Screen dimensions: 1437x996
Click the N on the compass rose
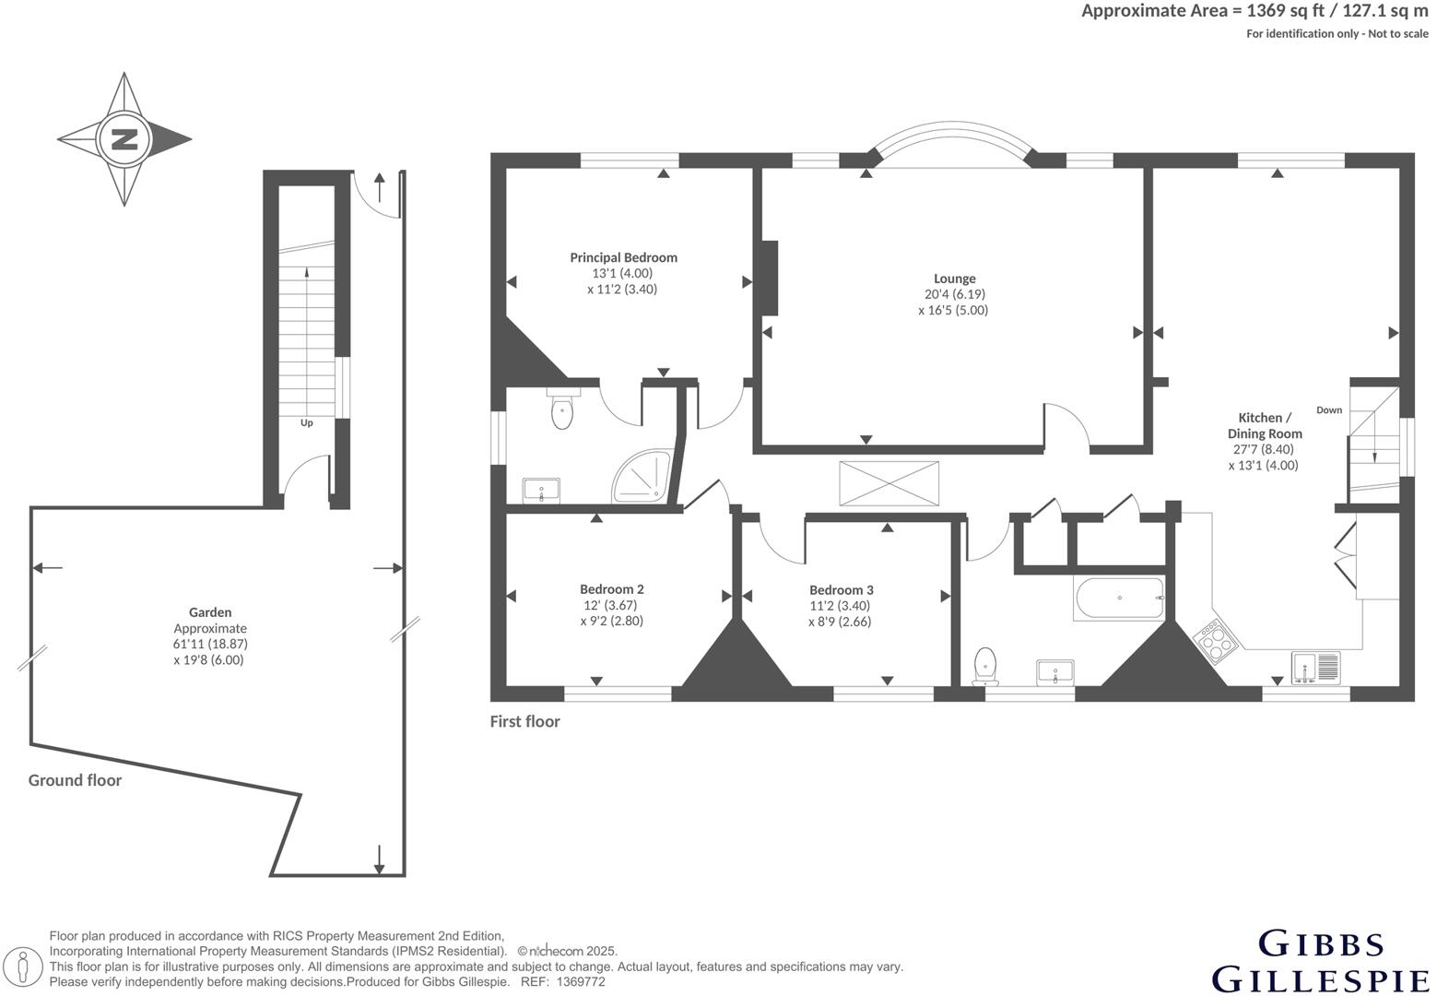click(124, 139)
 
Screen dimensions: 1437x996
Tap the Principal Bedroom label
click(623, 257)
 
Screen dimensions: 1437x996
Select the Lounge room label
click(955, 279)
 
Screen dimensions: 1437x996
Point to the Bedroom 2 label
click(611, 589)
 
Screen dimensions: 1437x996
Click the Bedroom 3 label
click(841, 590)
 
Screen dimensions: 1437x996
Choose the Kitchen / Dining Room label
click(1265, 425)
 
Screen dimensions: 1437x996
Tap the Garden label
click(210, 612)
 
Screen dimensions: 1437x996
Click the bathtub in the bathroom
click(1119, 599)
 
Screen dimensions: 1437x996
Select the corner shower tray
click(642, 476)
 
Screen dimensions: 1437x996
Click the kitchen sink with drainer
click(1315, 668)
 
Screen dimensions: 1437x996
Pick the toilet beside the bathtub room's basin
click(984, 666)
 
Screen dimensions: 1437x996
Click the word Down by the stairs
click(1329, 410)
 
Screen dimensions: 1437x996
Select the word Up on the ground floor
click(307, 423)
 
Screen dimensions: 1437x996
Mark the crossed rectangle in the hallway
click(889, 483)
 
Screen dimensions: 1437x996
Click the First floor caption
click(524, 722)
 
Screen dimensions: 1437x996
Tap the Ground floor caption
click(75, 780)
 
